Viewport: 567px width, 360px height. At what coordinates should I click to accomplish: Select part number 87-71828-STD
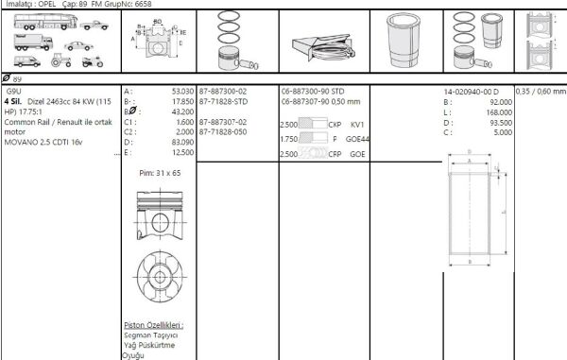(x=223, y=101)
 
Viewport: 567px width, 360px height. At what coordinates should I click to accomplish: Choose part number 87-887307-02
(x=223, y=121)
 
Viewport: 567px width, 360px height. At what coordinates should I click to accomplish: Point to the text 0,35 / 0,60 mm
(x=541, y=92)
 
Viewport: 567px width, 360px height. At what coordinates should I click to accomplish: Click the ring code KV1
(x=357, y=125)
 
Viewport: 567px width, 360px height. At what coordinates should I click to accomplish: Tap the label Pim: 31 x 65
(x=160, y=174)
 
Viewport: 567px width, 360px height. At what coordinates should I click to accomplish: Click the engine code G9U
(x=13, y=92)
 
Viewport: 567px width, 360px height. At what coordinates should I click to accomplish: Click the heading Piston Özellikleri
(x=153, y=324)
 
